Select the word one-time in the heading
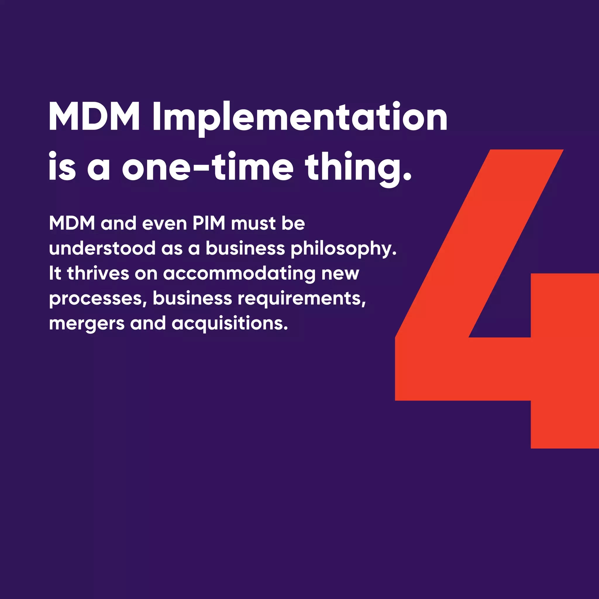207,167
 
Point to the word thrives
98,273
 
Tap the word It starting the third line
55,273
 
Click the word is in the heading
62,167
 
